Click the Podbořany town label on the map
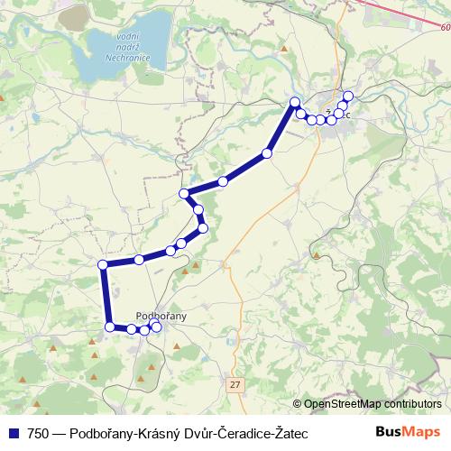point(160,315)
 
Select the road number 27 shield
point(235,384)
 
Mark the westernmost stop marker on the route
point(103,264)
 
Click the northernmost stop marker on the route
point(348,97)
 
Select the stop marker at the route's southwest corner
point(109,327)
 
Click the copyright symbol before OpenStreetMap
point(298,404)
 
